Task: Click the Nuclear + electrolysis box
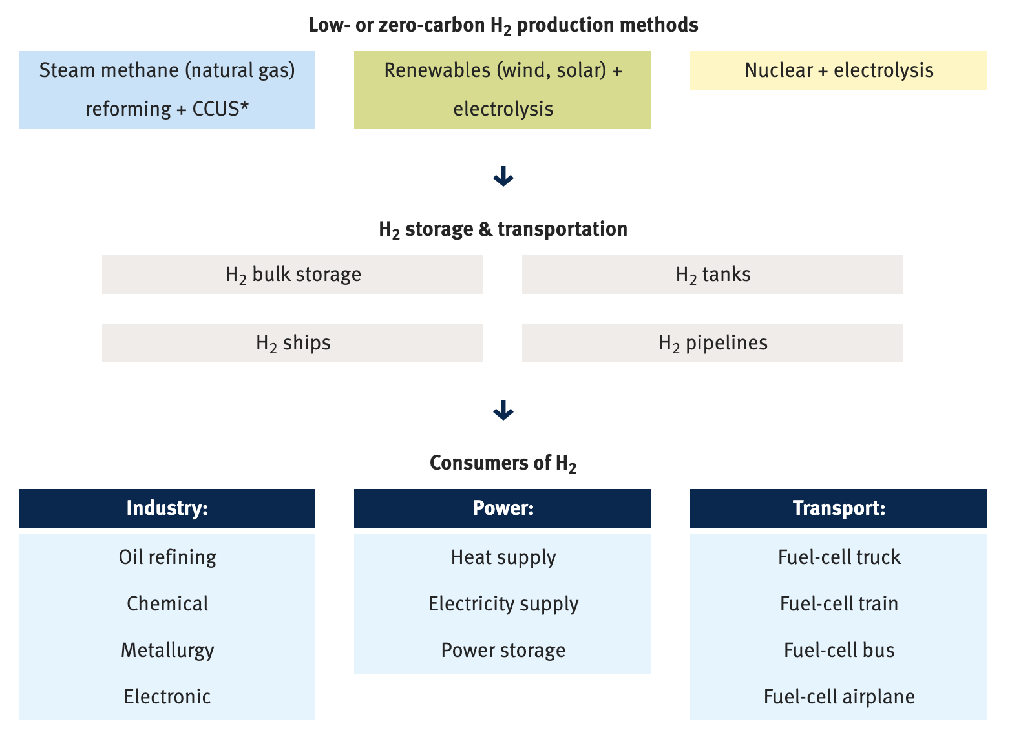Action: (838, 70)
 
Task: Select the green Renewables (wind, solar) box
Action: (502, 90)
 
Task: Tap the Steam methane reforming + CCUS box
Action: (167, 90)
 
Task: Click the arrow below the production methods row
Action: (503, 176)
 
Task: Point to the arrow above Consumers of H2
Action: (503, 410)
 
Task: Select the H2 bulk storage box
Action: (293, 275)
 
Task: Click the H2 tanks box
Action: (712, 275)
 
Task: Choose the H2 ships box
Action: (293, 343)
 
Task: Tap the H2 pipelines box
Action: (712, 343)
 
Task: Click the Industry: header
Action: (167, 508)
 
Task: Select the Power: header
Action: (502, 508)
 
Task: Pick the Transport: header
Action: (838, 508)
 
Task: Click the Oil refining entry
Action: (167, 557)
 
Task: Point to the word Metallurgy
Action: (167, 650)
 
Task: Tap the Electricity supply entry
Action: (503, 603)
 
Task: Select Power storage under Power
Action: (503, 650)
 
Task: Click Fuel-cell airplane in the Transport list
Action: (839, 696)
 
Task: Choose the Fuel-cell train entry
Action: (839, 603)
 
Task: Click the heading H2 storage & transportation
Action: (503, 229)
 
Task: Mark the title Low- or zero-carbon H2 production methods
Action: (503, 25)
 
